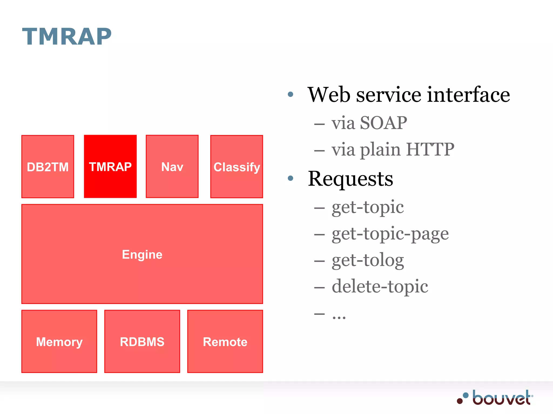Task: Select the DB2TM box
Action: [48, 167]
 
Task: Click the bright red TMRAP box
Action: [110, 167]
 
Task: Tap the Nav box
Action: [172, 167]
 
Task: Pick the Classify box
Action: [237, 167]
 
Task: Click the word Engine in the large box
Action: [142, 254]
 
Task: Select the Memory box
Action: [59, 341]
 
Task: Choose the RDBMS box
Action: [142, 341]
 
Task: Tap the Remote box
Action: [225, 341]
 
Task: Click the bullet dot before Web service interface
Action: [291, 94]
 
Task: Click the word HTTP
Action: [430, 149]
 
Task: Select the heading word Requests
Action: [350, 179]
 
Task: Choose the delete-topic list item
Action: [380, 286]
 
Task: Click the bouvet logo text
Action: [502, 398]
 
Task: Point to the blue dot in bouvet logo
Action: [466, 395]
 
